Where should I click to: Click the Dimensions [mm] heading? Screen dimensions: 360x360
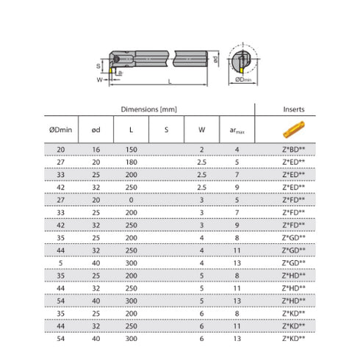(x=149, y=109)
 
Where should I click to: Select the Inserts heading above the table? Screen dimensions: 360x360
(x=294, y=109)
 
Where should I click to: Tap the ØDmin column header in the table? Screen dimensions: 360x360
(x=60, y=129)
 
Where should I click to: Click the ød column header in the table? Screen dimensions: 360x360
(x=96, y=130)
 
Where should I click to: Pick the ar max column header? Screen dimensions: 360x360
(x=237, y=130)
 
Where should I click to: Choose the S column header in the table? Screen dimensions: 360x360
(x=167, y=130)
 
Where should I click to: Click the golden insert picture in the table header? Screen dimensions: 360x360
(x=294, y=129)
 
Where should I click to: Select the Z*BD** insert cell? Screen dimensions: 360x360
(x=294, y=149)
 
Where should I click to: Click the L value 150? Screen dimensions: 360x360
(x=132, y=150)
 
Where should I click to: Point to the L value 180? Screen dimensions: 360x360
(x=132, y=162)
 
